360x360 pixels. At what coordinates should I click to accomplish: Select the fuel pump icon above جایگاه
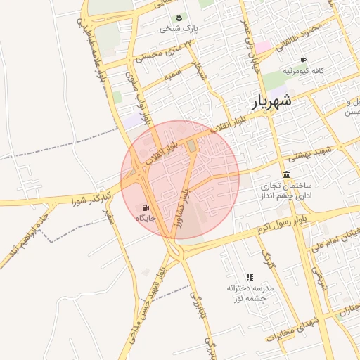point(146,207)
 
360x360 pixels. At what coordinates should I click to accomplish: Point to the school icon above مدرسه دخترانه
point(250,277)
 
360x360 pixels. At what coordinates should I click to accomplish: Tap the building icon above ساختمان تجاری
point(286,174)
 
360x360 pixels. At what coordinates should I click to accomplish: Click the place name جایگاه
point(145,219)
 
